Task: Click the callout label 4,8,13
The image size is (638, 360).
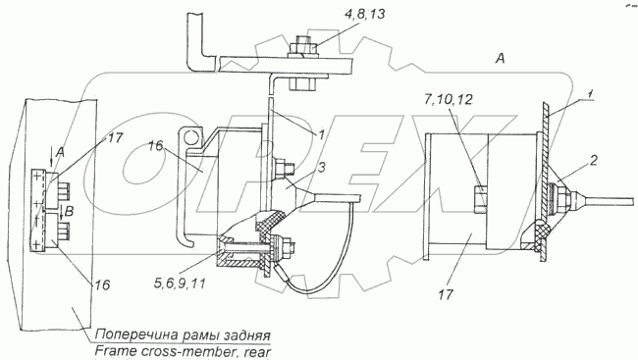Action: [364, 15]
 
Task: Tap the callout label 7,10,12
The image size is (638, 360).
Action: [448, 99]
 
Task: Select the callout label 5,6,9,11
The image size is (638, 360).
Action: [181, 283]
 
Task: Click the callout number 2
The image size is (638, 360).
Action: [593, 160]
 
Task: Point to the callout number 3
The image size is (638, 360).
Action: [321, 167]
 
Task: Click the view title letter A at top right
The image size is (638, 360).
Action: [500, 59]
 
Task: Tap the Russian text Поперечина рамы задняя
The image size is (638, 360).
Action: [183, 334]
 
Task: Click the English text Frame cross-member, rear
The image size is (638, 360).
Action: [183, 351]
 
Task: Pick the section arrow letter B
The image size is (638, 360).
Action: [69, 212]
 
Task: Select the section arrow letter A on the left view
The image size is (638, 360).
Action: [60, 153]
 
